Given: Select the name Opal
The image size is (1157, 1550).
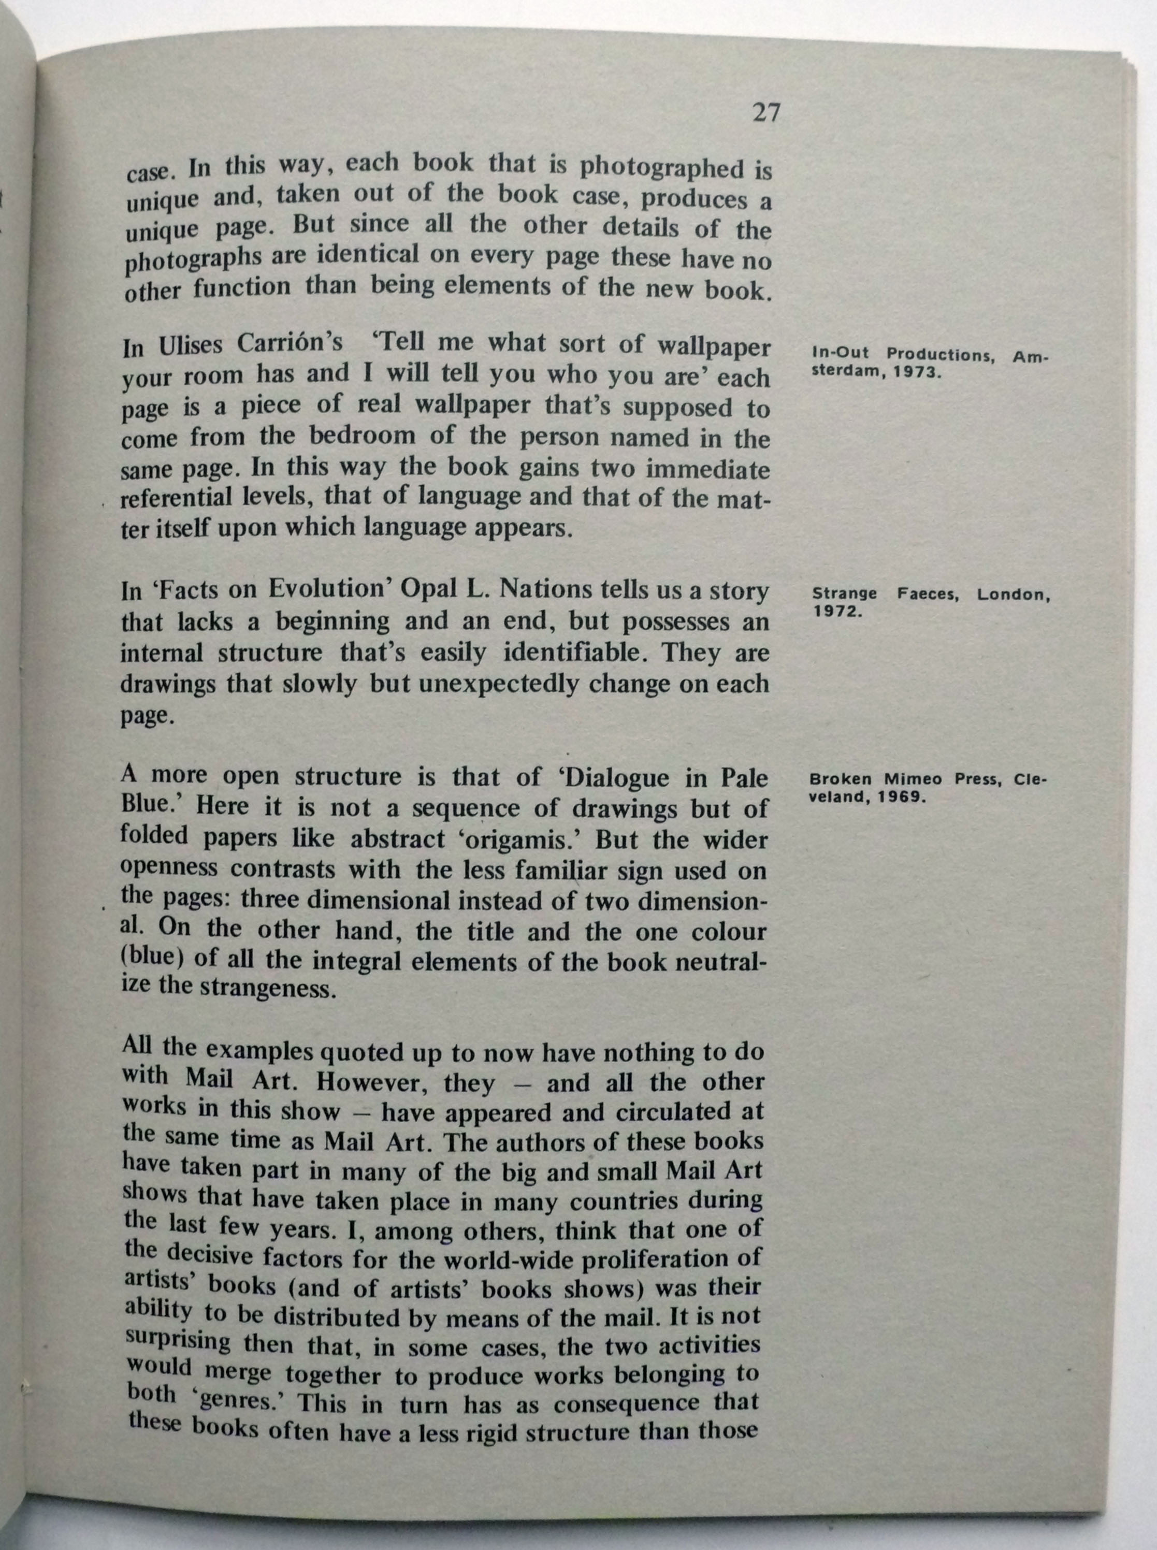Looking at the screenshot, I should coord(427,590).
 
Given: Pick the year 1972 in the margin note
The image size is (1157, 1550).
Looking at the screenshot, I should coord(836,612).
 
